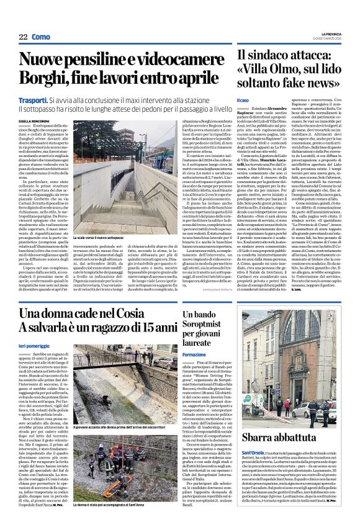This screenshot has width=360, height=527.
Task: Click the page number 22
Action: tap(24, 37)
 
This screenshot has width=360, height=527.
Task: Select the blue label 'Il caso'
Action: tap(243, 100)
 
